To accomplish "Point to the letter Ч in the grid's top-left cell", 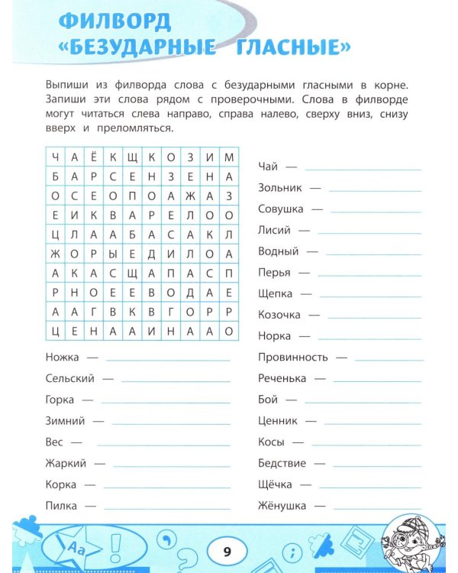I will click(x=56, y=157).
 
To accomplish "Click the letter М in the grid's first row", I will click(x=228, y=157).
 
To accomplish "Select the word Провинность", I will click(x=292, y=357).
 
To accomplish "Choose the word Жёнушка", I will click(x=282, y=506).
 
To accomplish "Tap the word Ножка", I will click(x=61, y=357).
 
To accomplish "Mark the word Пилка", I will click(x=60, y=506).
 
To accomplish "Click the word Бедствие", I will click(x=282, y=463).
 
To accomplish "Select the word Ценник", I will click(x=277, y=420).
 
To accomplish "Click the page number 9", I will click(x=228, y=550).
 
